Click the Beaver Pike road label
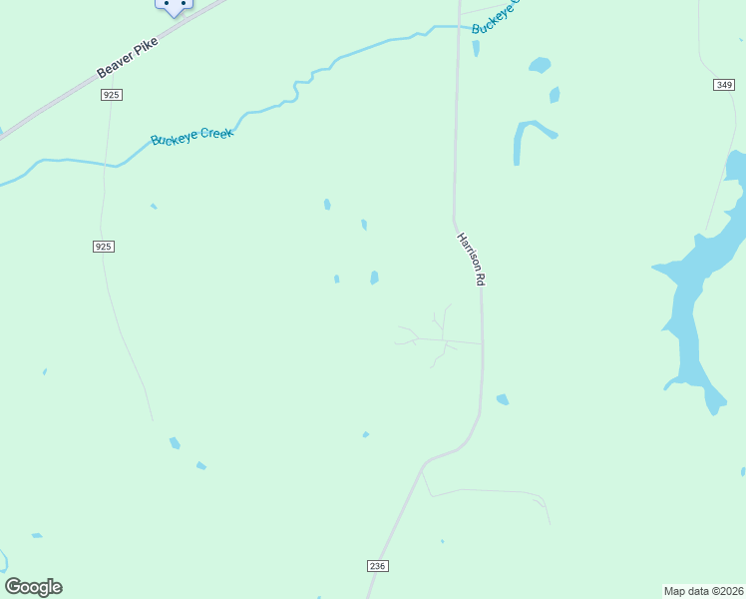[x=128, y=58]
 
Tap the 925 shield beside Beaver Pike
[x=111, y=95]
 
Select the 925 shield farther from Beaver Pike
[x=103, y=247]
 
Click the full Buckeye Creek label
[x=191, y=135]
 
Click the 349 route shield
[x=724, y=85]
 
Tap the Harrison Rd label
[x=470, y=260]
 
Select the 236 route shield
[x=377, y=566]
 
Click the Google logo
[x=33, y=587]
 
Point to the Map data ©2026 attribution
[x=703, y=591]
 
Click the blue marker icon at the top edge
[x=174, y=6]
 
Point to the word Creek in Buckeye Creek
[x=216, y=132]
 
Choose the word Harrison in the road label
[x=467, y=252]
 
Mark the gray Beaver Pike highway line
[x=60, y=100]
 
